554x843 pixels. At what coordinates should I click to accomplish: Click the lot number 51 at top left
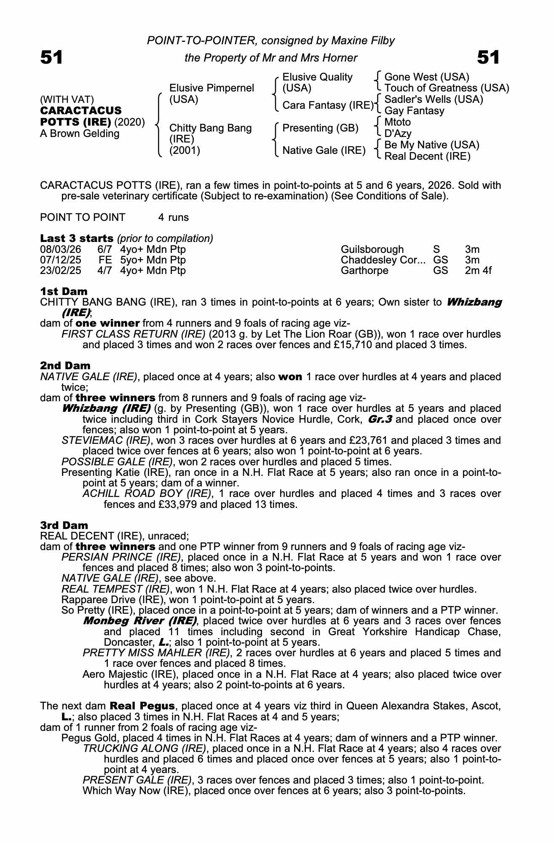point(51,57)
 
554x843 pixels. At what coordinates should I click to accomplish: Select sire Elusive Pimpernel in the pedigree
point(211,88)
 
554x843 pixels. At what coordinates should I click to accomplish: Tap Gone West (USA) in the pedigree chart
point(427,77)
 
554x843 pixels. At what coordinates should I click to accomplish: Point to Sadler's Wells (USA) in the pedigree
point(434,99)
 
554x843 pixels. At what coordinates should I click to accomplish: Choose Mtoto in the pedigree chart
point(397,122)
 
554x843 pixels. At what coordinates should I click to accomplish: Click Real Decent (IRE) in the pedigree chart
point(427,156)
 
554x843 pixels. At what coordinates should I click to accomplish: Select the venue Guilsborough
point(372,250)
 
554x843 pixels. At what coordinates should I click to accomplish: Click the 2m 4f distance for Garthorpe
point(478,270)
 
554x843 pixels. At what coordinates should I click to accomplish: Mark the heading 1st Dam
point(64,291)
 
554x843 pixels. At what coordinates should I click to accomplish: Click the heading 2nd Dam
point(65,365)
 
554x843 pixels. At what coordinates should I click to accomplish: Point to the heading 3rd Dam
point(64,525)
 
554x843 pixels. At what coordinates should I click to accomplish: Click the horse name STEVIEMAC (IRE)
point(106,440)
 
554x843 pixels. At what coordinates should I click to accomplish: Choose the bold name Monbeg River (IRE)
point(140,621)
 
